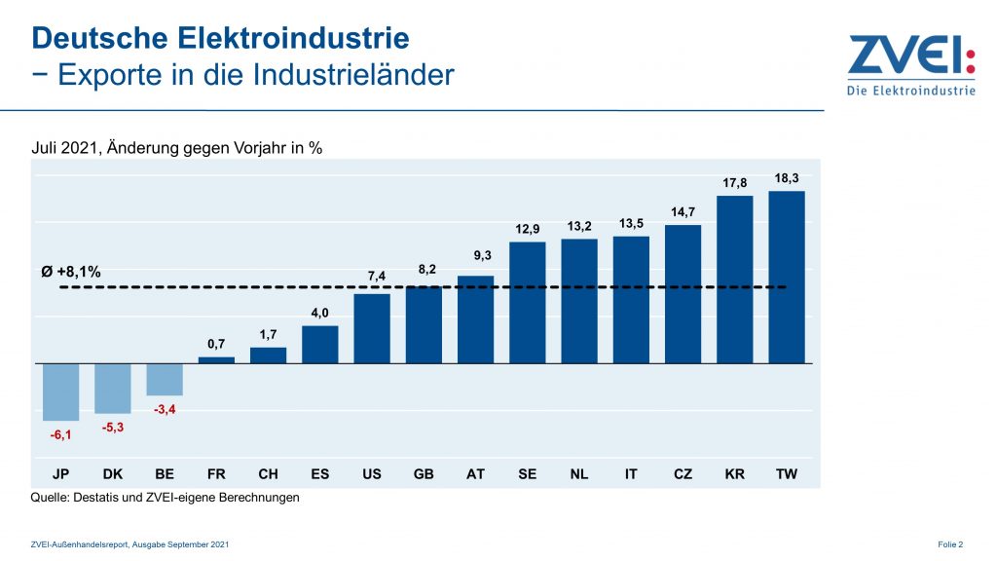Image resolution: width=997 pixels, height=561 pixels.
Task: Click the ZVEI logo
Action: pos(910,65)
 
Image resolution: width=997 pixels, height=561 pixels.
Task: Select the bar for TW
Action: pos(787,277)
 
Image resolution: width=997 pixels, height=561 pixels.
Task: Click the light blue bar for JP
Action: pos(60,392)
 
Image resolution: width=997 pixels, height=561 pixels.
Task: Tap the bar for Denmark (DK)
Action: pos(112,388)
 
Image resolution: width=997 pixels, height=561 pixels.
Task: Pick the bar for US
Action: pos(372,328)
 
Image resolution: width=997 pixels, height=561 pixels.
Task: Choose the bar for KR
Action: pos(735,279)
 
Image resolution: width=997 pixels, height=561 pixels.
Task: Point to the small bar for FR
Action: pos(216,359)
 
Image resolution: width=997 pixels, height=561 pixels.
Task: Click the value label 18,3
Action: pos(787,179)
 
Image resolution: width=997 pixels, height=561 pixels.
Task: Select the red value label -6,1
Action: pos(60,434)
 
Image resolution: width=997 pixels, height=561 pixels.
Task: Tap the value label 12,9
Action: pos(527,229)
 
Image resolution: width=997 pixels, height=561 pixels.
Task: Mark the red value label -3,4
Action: pos(165,409)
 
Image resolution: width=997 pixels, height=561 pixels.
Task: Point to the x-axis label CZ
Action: pos(683,474)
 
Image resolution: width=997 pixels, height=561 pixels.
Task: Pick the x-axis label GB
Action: pos(424,474)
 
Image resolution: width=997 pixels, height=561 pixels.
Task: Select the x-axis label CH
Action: pos(268,474)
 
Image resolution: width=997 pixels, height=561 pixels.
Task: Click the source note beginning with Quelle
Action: pos(166,498)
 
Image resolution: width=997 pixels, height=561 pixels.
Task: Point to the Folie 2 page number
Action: pos(950,543)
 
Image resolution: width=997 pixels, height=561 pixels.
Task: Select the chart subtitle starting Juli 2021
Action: pos(177,148)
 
